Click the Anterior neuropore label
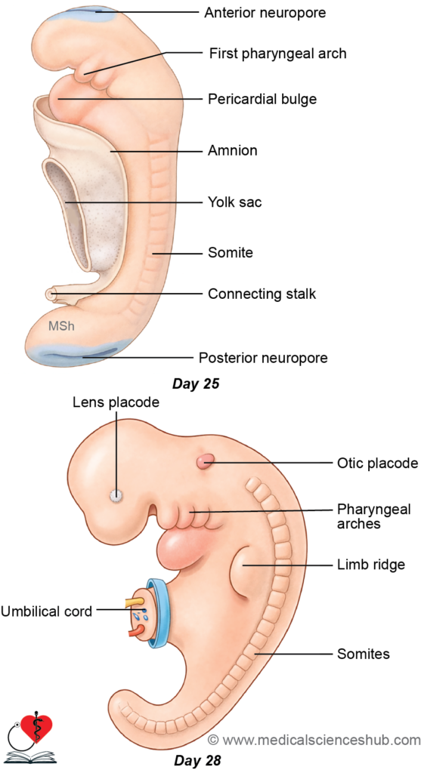(265, 12)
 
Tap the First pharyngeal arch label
(278, 54)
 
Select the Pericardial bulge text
(262, 99)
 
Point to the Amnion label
(233, 150)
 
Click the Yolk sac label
(234, 202)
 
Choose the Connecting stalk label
(262, 294)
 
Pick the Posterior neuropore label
(263, 357)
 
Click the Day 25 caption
(196, 384)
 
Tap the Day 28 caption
(197, 760)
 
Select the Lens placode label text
(116, 402)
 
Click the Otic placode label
(378, 463)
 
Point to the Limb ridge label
(370, 565)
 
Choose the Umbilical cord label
(46, 611)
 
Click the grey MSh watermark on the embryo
(61, 326)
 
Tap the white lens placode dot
(116, 495)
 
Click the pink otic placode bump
(206, 461)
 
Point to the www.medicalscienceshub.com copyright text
(314, 740)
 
